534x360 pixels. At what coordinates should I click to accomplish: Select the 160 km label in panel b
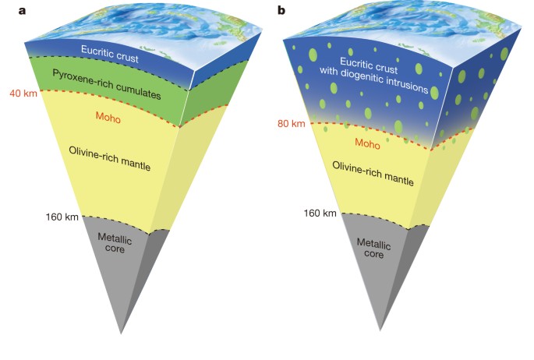tap(320, 213)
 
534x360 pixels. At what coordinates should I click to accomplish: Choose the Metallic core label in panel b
tap(373, 247)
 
